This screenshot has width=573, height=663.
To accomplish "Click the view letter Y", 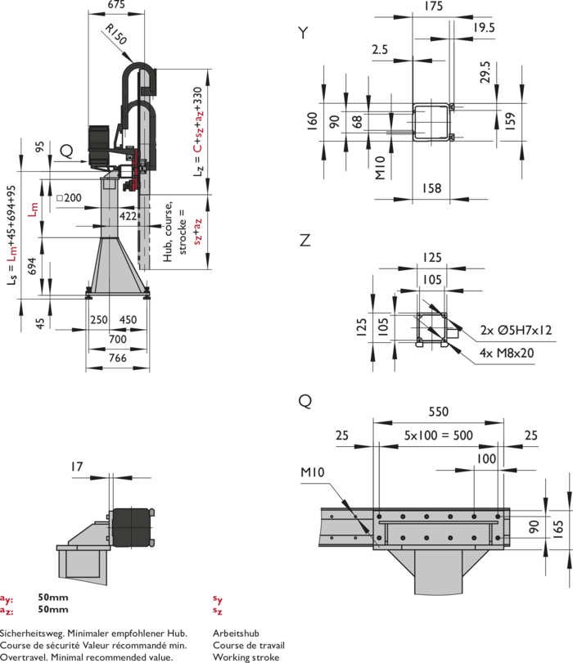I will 304,33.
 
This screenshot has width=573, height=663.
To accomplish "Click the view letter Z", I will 305,241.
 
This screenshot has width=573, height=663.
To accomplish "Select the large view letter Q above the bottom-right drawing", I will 305,401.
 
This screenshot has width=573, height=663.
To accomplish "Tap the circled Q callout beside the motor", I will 67,150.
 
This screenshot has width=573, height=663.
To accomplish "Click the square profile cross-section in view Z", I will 431,327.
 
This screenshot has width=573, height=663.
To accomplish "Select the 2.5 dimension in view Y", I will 378,49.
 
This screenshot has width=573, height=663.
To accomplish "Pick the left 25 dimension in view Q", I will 341,435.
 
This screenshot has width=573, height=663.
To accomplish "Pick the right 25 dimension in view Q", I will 532,435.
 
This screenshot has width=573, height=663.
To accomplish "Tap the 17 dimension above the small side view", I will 77,467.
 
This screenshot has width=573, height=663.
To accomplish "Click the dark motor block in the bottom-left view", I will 130,525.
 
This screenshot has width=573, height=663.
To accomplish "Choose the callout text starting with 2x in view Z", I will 516,331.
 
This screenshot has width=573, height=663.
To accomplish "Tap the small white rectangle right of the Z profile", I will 452,333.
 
